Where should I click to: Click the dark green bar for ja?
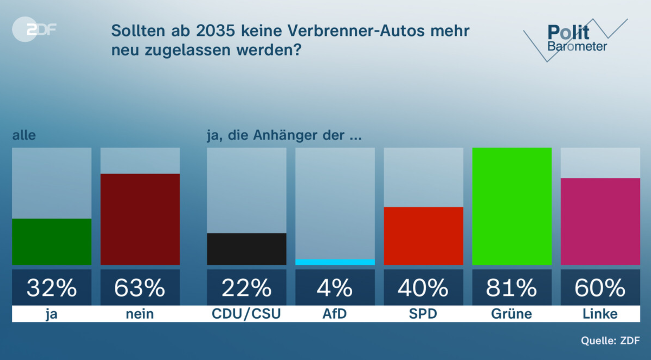pos(51,242)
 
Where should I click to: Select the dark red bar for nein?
pos(140,219)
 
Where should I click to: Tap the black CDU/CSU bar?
pos(246,249)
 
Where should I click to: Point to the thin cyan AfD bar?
pos(335,262)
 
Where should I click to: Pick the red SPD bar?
pos(423,236)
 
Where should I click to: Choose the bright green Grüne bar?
pos(512,206)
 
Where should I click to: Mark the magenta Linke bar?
pos(600,221)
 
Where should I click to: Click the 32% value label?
pos(51,288)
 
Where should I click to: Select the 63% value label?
pos(140,288)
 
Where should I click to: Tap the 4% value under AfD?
pos(335,288)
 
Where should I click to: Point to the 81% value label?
pos(512,288)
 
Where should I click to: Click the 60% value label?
pos(600,288)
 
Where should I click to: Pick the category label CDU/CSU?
pos(246,314)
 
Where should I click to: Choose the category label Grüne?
pos(512,314)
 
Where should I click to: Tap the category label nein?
pos(140,314)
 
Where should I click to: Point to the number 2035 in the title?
pos(215,31)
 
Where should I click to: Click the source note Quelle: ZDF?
pos(610,340)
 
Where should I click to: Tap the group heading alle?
pos(24,135)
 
